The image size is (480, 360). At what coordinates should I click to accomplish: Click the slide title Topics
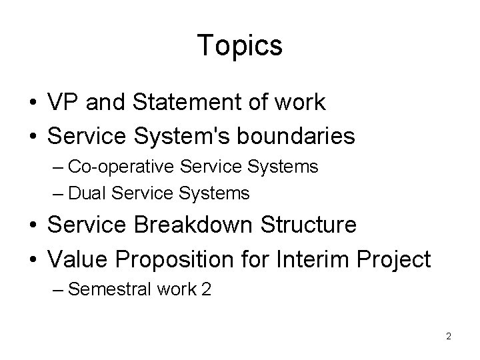[240, 46]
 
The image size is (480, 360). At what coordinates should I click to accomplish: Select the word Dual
[88, 194]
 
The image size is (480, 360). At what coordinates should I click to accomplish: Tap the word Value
[73, 259]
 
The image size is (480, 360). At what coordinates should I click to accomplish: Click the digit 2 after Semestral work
[205, 289]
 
